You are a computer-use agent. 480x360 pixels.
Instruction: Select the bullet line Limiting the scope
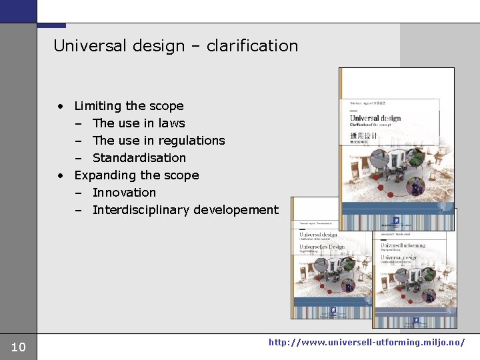click(x=129, y=106)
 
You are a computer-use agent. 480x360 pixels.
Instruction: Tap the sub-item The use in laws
click(x=139, y=123)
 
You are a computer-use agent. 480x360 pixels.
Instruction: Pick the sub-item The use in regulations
click(x=159, y=141)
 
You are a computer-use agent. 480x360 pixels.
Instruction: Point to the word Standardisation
click(x=139, y=158)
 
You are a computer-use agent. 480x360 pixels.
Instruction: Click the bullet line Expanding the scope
click(x=136, y=175)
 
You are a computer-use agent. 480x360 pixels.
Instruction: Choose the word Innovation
click(x=124, y=193)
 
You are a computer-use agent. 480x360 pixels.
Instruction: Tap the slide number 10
click(x=19, y=347)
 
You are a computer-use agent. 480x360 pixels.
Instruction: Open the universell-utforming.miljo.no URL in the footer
click(x=367, y=342)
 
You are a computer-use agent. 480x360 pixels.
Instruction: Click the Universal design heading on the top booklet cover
click(x=375, y=118)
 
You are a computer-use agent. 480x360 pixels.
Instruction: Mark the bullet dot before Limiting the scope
click(x=61, y=106)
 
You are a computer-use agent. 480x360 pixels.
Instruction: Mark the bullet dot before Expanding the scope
click(x=61, y=175)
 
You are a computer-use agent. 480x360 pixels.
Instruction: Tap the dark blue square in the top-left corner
click(x=18, y=11)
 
